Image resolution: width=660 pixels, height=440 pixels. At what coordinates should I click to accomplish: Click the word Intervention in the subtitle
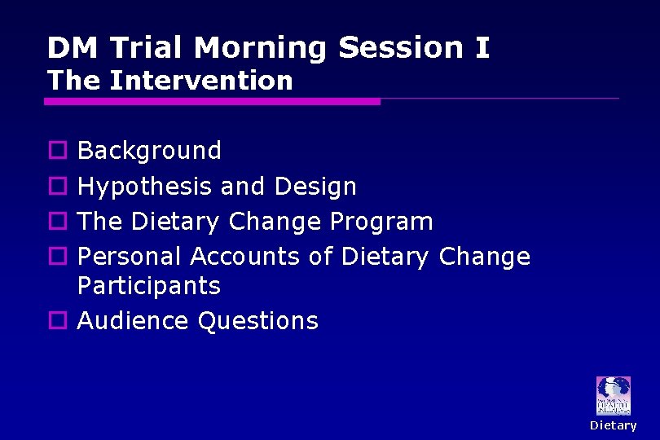coord(200,81)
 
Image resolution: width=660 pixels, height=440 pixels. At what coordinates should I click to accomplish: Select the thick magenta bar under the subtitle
coord(212,101)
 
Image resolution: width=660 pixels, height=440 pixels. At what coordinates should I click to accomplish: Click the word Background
coord(149,151)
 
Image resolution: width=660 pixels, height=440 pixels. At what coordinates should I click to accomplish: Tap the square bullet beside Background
coord(57,151)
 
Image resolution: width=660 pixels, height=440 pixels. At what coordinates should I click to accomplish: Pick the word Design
coord(315,187)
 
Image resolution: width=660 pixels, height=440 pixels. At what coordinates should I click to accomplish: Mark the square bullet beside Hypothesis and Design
coord(57,187)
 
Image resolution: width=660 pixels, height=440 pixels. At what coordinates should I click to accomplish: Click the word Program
coord(381,222)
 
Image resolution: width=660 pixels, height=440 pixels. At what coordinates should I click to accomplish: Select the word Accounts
coord(245,257)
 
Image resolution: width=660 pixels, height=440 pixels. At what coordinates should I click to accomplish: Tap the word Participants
coord(149,286)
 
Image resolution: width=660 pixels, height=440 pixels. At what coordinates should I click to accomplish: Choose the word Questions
coord(258,321)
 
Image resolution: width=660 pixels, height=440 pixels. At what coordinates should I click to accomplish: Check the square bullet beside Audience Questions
coord(57,321)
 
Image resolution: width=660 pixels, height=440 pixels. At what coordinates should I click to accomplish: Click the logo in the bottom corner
coord(613,396)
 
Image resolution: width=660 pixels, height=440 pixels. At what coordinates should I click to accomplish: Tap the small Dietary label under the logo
coord(613,425)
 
